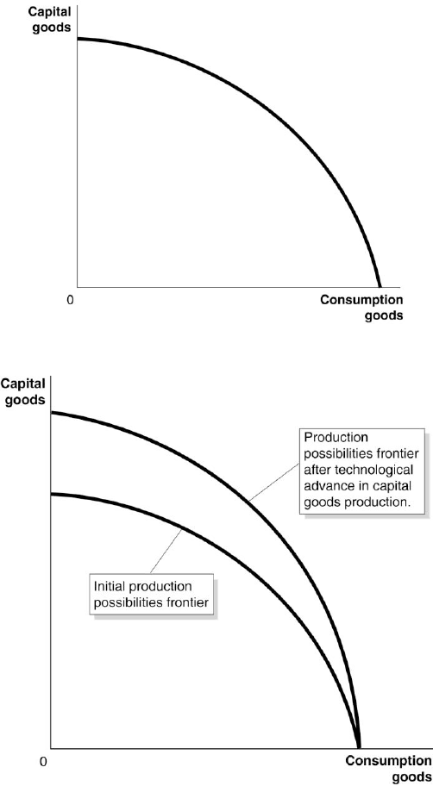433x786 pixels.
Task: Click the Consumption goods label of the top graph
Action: point(361,308)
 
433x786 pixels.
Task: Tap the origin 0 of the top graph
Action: point(70,300)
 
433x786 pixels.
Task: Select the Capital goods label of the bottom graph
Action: point(23,391)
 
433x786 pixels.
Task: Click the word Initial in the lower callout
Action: point(106,586)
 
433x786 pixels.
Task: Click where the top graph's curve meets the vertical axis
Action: point(78,39)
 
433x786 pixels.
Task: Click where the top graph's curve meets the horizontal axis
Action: point(379,286)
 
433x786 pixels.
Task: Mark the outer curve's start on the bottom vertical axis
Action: point(52,412)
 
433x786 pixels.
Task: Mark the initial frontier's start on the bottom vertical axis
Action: point(52,494)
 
